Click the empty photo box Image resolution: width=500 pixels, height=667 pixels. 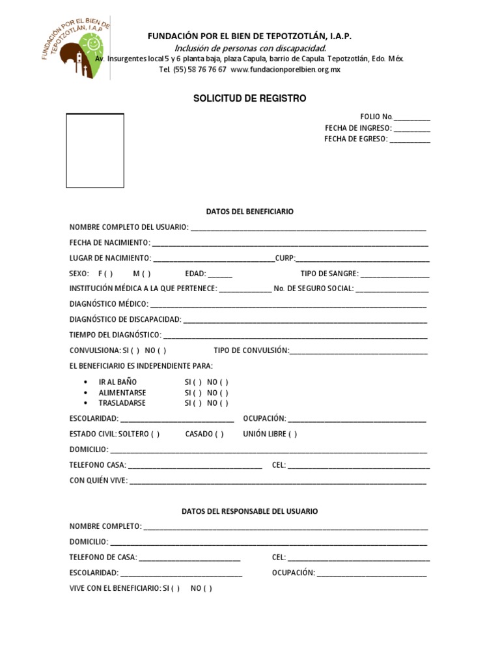click(95, 150)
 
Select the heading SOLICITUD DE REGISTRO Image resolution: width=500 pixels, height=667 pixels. click(249, 98)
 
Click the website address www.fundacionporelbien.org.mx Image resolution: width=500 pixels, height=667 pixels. click(285, 70)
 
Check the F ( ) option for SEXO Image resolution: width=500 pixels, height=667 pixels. click(105, 274)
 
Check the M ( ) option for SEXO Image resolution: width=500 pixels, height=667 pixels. click(142, 274)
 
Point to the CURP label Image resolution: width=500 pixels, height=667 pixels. click(285, 259)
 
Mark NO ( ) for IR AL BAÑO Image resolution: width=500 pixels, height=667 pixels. click(218, 382)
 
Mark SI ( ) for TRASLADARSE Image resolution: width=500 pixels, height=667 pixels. click(193, 403)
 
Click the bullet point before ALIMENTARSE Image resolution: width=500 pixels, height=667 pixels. click(87, 393)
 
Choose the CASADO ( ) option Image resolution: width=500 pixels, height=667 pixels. click(204, 434)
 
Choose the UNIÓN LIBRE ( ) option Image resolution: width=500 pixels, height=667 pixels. click(270, 434)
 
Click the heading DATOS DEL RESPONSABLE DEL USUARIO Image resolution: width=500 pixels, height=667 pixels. click(249, 511)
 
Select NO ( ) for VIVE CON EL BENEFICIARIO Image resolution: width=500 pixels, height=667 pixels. click(201, 588)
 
